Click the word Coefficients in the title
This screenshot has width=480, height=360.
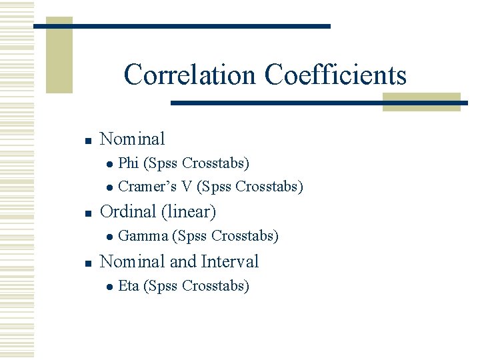coord(335,75)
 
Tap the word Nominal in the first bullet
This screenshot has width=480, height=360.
coord(132,139)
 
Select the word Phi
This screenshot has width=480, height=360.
coord(128,163)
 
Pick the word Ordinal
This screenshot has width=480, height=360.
coord(127,212)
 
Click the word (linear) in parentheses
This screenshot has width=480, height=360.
coord(188,212)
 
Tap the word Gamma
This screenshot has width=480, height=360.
coord(143,236)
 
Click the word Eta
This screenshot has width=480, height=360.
coord(128,286)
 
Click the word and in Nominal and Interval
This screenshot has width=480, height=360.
coord(182,261)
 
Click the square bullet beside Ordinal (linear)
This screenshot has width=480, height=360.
coord(87,213)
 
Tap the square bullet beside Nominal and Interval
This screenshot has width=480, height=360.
coord(87,263)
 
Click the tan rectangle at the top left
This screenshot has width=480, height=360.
coord(59,55)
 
